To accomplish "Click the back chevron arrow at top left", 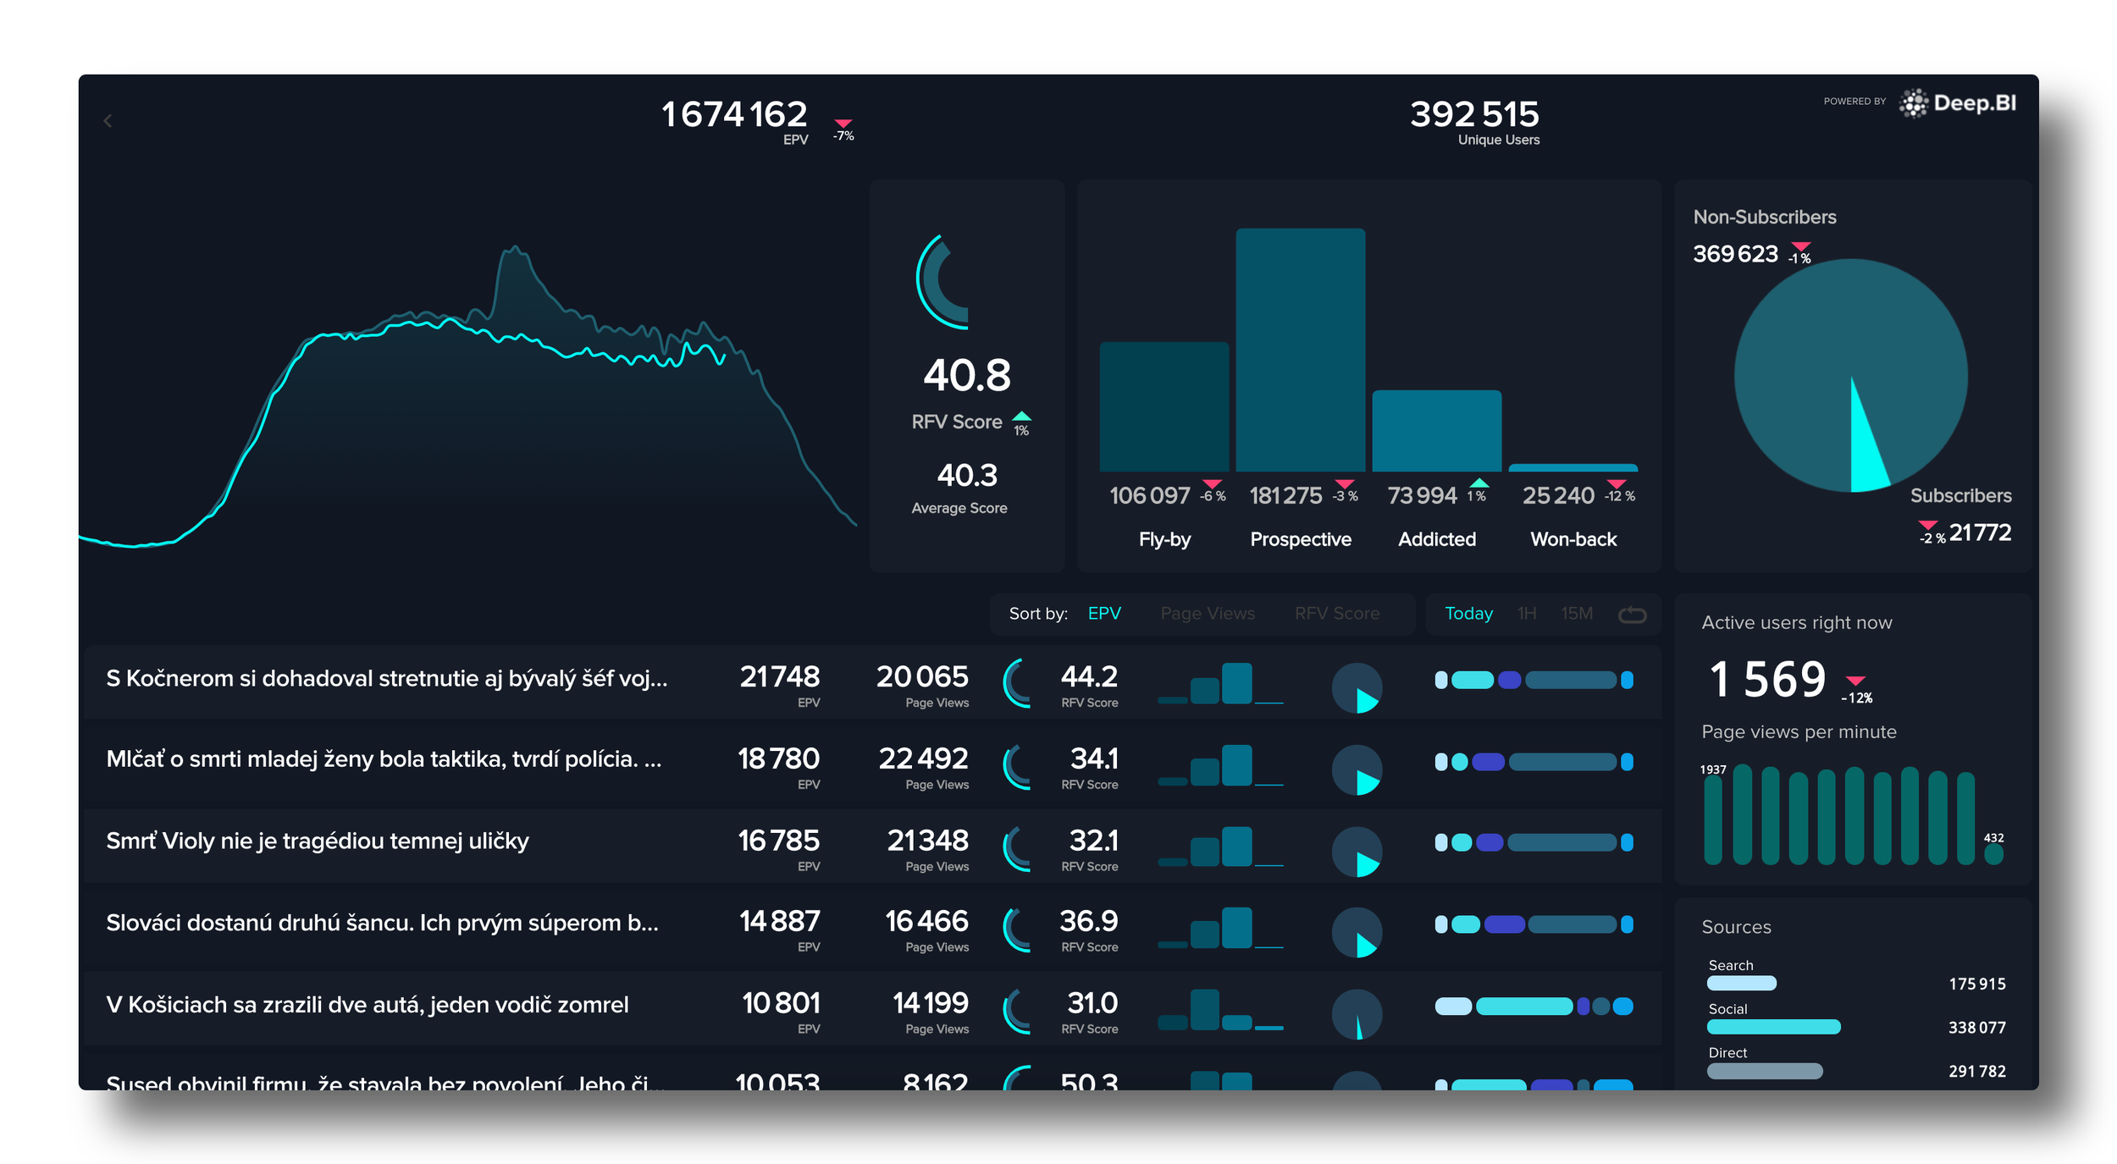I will tap(108, 121).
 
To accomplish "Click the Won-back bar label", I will tap(1573, 539).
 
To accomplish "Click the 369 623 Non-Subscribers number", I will tap(1734, 253).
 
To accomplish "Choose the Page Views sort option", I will tap(1207, 613).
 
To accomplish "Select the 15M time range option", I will tap(1576, 613).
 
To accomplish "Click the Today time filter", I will tap(1468, 613).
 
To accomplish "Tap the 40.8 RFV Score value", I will tap(966, 375).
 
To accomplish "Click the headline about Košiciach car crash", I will tap(367, 1005).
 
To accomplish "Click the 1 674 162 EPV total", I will tap(733, 114).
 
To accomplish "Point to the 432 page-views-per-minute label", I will tap(1993, 838).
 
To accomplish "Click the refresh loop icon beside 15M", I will tap(1632, 615).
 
